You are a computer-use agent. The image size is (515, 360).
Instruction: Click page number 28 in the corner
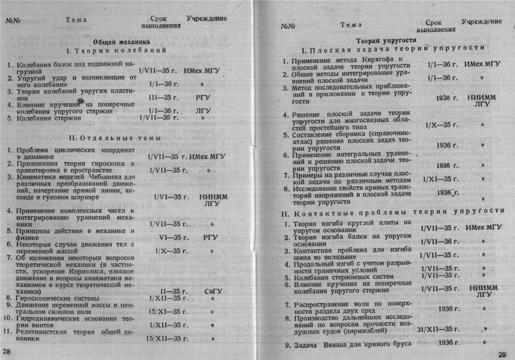(x=7, y=351)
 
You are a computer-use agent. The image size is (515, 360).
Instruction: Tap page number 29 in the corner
(x=503, y=354)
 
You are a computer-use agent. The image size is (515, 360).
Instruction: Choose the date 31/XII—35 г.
(x=438, y=329)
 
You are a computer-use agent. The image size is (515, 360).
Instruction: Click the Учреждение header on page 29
(x=481, y=21)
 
